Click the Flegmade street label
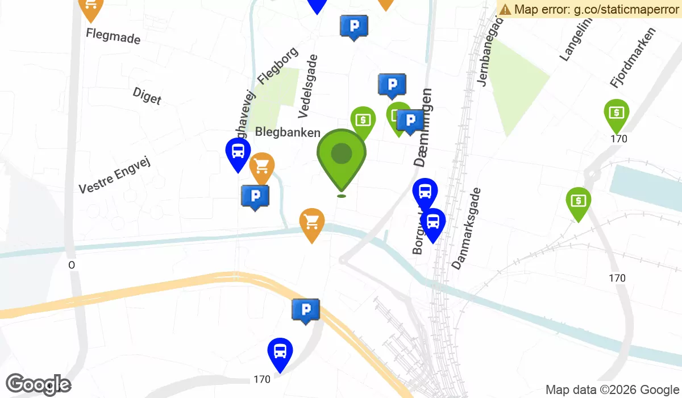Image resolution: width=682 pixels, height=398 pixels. [113, 36]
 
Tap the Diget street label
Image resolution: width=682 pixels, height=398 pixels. [147, 96]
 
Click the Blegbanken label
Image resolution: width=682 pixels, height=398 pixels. [288, 132]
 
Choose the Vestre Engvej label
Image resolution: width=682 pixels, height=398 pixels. [117, 175]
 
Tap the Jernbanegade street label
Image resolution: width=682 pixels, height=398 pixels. [492, 51]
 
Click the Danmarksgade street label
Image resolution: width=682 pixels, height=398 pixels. [467, 229]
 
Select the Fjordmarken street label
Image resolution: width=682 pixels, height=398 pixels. [633, 57]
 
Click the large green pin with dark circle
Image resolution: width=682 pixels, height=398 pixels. [341, 154]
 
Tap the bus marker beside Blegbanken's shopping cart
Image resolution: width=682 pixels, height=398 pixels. [238, 152]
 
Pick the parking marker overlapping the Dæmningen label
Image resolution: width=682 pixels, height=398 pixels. [410, 120]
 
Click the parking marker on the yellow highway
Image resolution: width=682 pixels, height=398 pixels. [306, 310]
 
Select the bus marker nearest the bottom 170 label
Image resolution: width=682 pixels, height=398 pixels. [280, 352]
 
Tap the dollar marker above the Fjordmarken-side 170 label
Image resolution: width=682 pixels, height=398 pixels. [616, 113]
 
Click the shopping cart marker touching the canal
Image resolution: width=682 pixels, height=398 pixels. [311, 222]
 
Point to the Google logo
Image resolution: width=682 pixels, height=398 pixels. [38, 385]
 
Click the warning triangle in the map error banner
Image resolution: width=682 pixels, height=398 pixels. [505, 9]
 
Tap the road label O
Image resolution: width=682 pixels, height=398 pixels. [72, 265]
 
